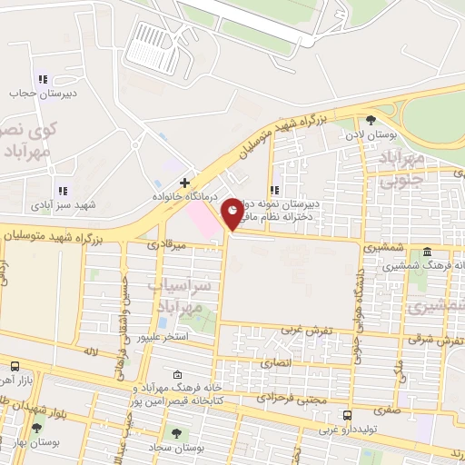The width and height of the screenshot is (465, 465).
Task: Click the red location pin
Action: click(232, 214)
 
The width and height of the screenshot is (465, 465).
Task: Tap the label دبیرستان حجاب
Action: click(35, 94)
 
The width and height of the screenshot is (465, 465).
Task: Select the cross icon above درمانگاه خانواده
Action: click(184, 183)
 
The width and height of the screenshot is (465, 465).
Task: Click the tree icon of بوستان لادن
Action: click(370, 120)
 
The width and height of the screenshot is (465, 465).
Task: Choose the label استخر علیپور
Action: click(163, 337)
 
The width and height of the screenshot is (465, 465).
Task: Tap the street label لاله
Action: click(89, 350)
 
